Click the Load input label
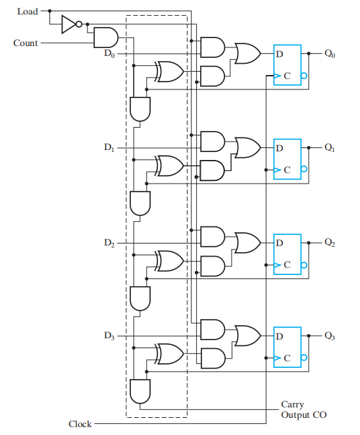(28, 11)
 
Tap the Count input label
(26, 43)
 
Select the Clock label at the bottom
(80, 424)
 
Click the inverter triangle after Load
(68, 24)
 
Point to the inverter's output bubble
(79, 24)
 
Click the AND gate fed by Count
(106, 38)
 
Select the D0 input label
(109, 53)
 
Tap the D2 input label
(109, 243)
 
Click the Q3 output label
(330, 336)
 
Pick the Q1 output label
(330, 147)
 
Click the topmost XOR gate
(169, 72)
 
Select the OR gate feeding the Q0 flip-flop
(247, 53)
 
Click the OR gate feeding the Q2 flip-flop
(247, 243)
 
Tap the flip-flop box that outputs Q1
(288, 159)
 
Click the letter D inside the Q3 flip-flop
(280, 336)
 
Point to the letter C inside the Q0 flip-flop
(287, 76)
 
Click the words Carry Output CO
(303, 409)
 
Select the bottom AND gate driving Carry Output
(140, 392)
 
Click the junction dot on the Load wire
(49, 11)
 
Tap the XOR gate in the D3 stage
(169, 354)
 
